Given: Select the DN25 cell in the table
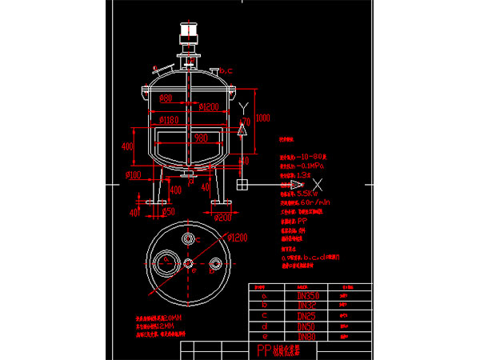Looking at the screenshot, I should pyautogui.click(x=306, y=315).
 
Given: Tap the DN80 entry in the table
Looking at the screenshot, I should pyautogui.click(x=306, y=336).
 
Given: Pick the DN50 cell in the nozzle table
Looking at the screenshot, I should pyautogui.click(x=306, y=326).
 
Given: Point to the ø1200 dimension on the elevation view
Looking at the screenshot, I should pyautogui.click(x=210, y=106).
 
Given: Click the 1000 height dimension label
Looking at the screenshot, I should pyautogui.click(x=263, y=118).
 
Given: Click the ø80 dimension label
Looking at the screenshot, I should pyautogui.click(x=166, y=98).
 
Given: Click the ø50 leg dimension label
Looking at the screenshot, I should pyautogui.click(x=167, y=212).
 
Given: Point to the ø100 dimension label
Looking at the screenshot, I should pyautogui.click(x=134, y=174).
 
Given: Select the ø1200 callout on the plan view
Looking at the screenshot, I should pyautogui.click(x=237, y=237).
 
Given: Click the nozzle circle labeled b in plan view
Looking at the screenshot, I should pyautogui.click(x=215, y=265).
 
